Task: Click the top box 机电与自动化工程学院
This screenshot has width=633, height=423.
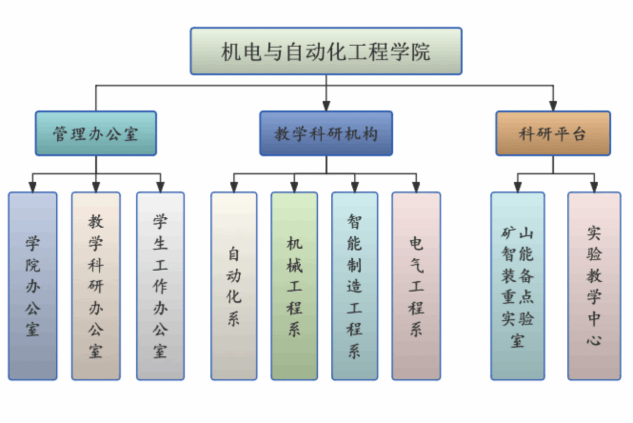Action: coord(326,51)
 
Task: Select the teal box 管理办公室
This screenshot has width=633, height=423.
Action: coord(96,133)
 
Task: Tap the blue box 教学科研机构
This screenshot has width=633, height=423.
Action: coord(326,133)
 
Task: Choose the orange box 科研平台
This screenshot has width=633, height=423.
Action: coord(553,133)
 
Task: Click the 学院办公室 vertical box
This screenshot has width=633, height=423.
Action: coord(32,286)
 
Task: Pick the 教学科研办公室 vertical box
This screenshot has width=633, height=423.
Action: coord(96,286)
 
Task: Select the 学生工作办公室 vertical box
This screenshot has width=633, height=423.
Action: coord(160,286)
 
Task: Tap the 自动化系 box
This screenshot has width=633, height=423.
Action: coord(234,286)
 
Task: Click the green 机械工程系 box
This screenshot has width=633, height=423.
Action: coord(294,286)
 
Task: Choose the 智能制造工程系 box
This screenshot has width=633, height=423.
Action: coord(355,286)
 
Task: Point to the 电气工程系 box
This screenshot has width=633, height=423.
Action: coord(416,286)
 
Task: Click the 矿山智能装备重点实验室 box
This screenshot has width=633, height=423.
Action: coord(518,286)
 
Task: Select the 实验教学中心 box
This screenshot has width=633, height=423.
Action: coord(594,286)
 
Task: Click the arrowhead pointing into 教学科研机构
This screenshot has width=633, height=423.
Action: coord(326,106)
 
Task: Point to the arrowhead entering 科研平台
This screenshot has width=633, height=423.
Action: coord(553,106)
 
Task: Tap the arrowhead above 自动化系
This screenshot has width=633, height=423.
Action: coord(234,187)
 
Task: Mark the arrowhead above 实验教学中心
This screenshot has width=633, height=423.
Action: coord(594,187)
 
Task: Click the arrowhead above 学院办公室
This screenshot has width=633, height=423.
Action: coord(32,187)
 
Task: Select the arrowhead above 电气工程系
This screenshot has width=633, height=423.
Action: coord(416,187)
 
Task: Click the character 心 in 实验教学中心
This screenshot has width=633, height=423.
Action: coord(594,340)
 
